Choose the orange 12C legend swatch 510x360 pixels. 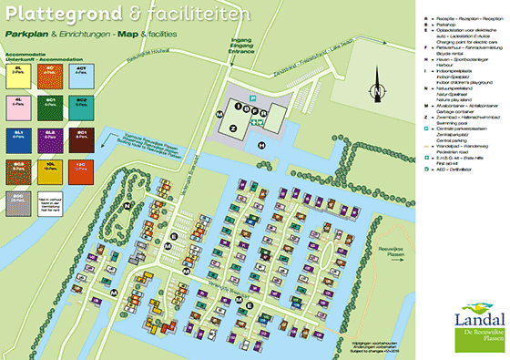[80, 170]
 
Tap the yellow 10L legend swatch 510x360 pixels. [50, 170]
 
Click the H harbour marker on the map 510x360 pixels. [262, 145]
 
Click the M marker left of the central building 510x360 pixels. [219, 114]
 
